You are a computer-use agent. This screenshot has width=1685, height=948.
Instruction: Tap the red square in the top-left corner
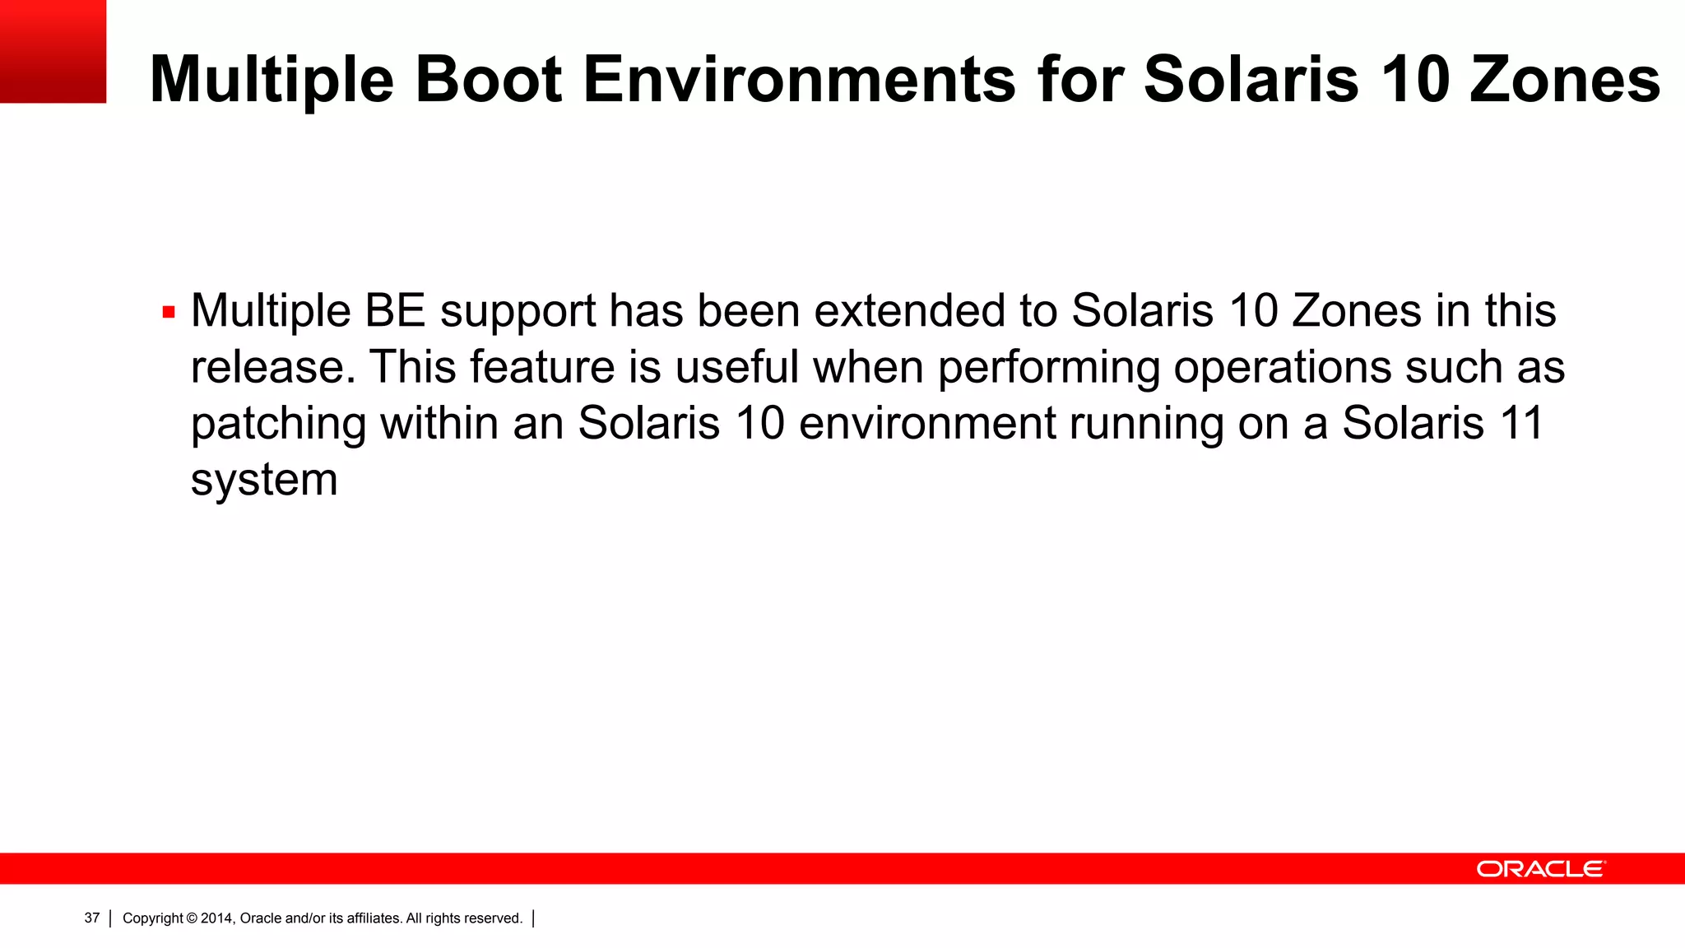tap(53, 51)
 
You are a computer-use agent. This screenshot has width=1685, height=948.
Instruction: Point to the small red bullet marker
tap(169, 313)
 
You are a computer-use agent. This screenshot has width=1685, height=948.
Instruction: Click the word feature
tap(541, 367)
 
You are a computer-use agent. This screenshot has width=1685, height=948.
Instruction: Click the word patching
tap(278, 424)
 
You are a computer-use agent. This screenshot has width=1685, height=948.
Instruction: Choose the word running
tap(1145, 424)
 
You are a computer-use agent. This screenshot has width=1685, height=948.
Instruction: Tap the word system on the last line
tap(264, 480)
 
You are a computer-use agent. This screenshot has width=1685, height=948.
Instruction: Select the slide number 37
tap(91, 918)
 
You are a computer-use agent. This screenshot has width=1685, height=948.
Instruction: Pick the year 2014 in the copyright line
tap(217, 918)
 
